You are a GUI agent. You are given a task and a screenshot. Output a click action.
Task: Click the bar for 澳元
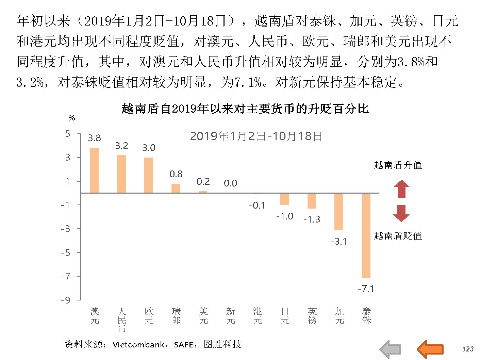point(94,170)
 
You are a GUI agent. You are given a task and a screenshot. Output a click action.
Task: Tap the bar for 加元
point(339,212)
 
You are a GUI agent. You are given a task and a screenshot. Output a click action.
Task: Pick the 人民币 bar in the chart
point(121,174)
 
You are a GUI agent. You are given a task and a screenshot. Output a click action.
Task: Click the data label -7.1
point(366,289)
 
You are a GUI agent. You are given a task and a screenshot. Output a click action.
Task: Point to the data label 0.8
point(176,174)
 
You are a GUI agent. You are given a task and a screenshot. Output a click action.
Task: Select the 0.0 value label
point(230,183)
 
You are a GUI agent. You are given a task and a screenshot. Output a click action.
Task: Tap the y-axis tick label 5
point(68,134)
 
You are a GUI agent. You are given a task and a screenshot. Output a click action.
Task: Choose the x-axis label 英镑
point(312,316)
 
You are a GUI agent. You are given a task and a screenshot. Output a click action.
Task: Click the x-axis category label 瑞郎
point(176,316)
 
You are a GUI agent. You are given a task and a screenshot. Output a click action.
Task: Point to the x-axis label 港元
point(258,316)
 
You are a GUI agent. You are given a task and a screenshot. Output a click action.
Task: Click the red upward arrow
point(401,189)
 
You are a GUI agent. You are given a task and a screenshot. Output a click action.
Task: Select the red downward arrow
point(401,213)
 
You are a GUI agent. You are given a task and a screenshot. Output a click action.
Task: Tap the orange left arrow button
point(430,349)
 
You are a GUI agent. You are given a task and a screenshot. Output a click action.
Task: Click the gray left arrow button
point(391,349)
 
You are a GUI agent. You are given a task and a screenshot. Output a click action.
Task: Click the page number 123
point(468,349)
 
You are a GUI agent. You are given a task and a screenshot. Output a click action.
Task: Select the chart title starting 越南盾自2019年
point(245,109)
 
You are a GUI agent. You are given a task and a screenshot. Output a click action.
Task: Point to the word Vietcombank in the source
point(138,345)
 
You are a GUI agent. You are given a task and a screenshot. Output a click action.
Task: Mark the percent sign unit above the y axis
point(71,118)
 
